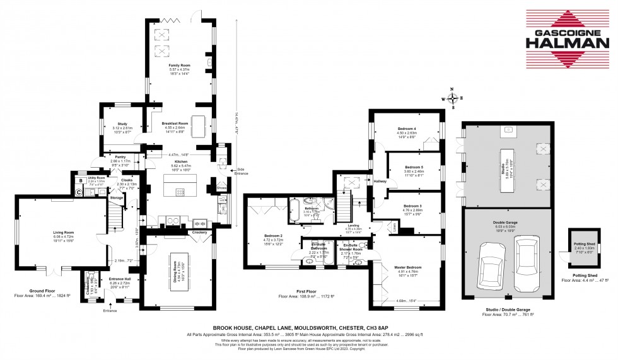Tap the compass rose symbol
452,98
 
